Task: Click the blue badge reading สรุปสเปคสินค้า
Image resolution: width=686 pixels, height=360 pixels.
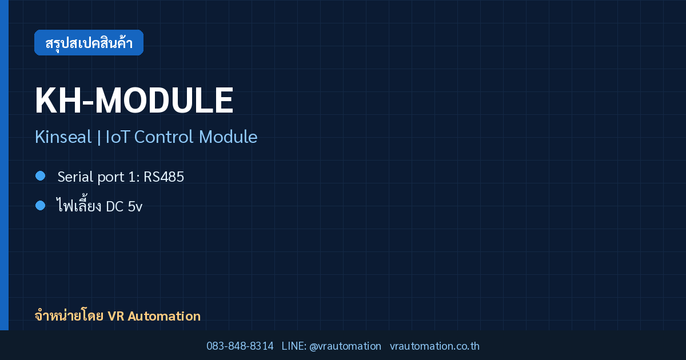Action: point(89,42)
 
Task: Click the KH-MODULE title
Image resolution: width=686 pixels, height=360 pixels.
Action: point(134,101)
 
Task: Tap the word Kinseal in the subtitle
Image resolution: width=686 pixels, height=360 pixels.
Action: point(63,137)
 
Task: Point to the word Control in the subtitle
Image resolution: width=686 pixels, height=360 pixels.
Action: point(163,137)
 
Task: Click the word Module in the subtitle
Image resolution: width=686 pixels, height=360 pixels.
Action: point(228,137)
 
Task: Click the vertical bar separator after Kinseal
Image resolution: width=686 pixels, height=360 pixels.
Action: point(99,137)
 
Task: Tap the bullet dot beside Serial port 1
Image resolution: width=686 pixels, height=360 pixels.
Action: point(40,176)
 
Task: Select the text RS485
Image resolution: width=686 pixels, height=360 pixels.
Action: point(163,177)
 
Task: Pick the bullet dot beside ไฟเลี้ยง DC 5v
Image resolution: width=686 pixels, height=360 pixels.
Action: point(40,205)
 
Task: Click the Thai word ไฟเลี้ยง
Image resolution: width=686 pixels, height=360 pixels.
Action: point(79,204)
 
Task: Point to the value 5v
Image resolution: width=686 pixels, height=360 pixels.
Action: point(135,207)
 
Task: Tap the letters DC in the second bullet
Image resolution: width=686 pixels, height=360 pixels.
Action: point(114,207)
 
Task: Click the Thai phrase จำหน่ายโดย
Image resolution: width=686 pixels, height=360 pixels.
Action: point(69,316)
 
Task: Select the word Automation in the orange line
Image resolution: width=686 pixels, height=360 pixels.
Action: point(164,316)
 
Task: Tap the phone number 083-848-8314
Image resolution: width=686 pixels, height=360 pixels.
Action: point(240,346)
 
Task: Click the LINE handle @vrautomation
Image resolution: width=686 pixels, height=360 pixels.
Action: point(345,346)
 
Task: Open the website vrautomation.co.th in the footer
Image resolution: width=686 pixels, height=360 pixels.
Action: point(434,346)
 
